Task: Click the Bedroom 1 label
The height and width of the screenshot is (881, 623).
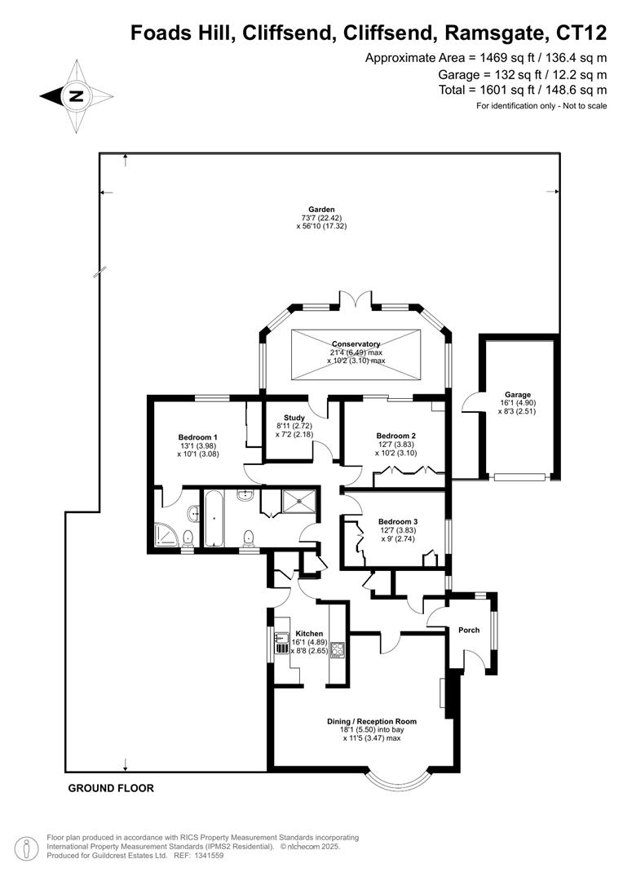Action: [x=197, y=437]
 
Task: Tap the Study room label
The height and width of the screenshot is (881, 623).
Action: [x=294, y=418]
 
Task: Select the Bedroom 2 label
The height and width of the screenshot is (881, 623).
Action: [x=396, y=436]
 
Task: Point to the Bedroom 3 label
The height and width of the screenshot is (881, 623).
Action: [x=398, y=521]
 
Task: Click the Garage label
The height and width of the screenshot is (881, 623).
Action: [x=517, y=395]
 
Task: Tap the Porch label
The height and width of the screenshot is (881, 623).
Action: [x=469, y=630]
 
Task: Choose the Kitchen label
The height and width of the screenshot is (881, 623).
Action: [x=309, y=633]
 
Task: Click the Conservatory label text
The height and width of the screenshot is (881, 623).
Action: [x=356, y=344]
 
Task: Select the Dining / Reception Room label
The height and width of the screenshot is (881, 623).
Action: [x=372, y=721]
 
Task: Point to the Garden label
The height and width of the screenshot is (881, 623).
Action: [x=321, y=210]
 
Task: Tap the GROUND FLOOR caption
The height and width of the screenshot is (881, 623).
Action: [x=111, y=788]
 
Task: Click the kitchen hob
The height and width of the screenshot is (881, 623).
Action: [x=337, y=649]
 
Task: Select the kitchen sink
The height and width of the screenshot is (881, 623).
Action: [x=281, y=644]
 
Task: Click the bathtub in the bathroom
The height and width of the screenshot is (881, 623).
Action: [x=214, y=518]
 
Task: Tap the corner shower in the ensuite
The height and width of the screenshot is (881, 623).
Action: [x=165, y=535]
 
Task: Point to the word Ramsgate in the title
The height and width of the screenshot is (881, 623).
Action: [x=496, y=33]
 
